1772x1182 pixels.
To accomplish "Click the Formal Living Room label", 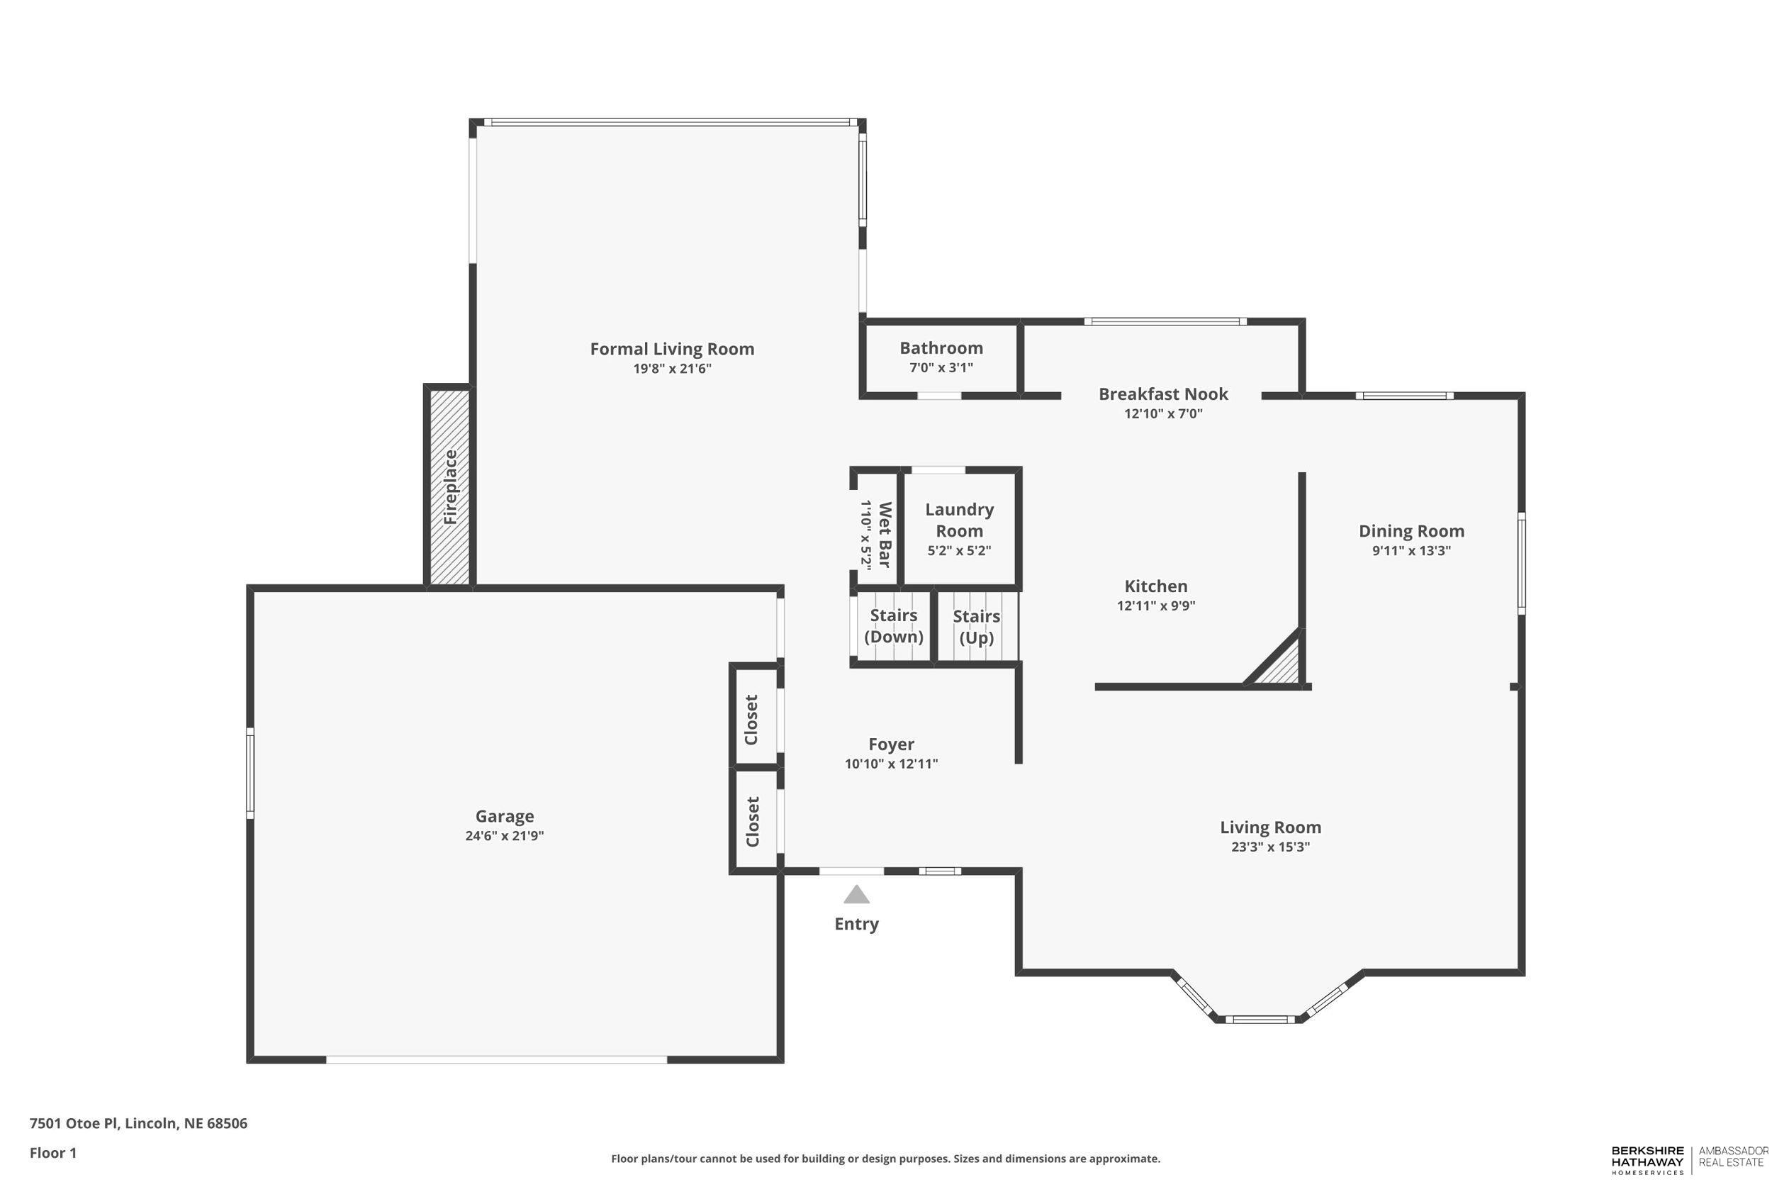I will tap(671, 349).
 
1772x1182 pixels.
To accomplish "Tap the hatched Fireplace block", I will tap(450, 487).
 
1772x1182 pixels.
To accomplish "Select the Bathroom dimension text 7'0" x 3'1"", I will tap(941, 368).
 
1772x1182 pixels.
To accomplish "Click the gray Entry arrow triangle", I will tap(856, 895).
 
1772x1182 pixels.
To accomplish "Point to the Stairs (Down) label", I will tap(894, 625).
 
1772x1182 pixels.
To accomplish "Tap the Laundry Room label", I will tap(959, 520).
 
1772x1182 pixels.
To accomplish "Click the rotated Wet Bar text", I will tap(885, 535).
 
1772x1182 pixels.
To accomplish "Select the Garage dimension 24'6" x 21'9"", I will tap(504, 835).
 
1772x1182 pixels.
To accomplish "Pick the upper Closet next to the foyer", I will tap(752, 719).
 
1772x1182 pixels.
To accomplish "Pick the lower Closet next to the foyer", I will tap(753, 822).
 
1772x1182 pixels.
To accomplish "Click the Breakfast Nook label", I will tap(1162, 394).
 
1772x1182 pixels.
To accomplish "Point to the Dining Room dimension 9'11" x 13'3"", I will tap(1411, 550).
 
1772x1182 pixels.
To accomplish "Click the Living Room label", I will tap(1270, 827).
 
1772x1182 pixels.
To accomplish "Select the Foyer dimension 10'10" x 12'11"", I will tap(890, 764).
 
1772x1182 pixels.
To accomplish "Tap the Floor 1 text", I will tap(52, 1153).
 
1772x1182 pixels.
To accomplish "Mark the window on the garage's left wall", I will tap(250, 773).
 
